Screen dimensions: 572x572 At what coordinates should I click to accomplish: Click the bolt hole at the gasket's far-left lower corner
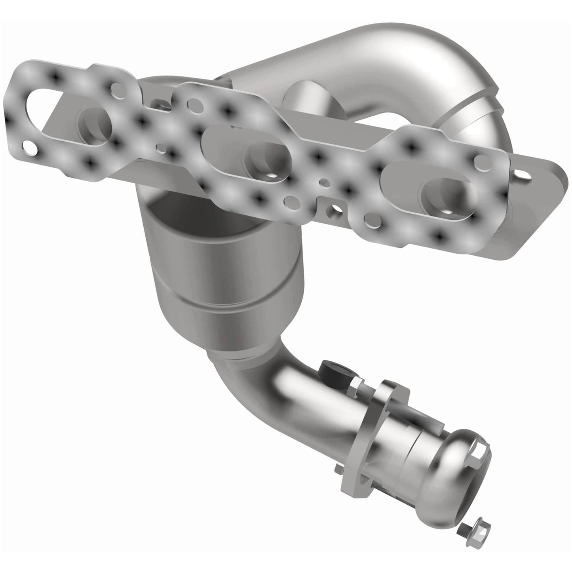pos(29,148)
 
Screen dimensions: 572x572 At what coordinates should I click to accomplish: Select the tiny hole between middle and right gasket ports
pos(324,183)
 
